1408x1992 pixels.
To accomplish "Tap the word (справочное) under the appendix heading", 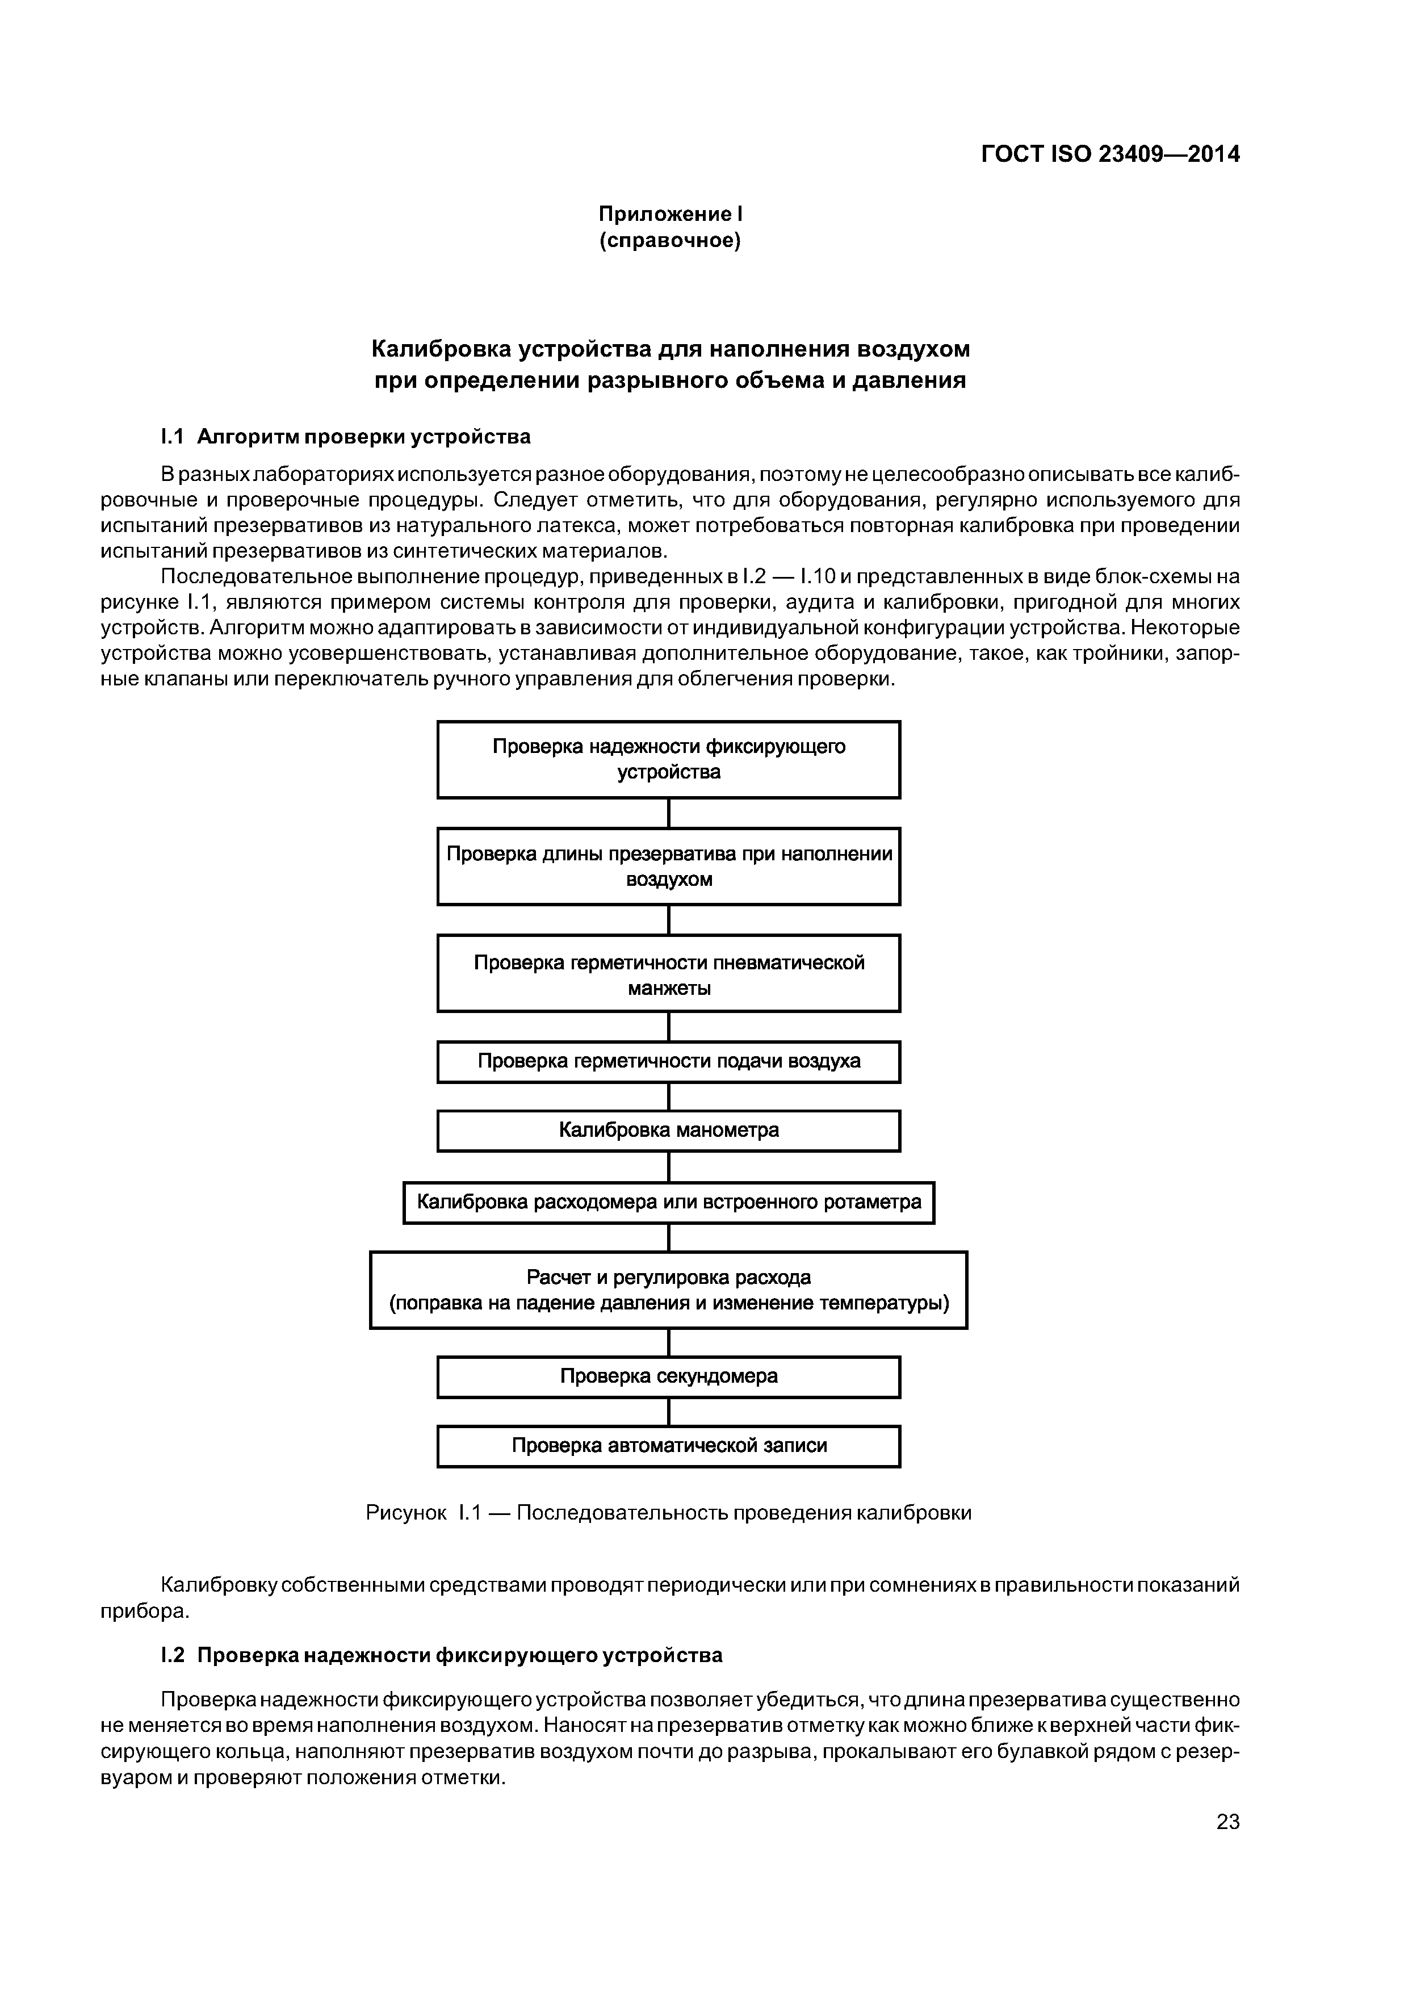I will [x=671, y=240].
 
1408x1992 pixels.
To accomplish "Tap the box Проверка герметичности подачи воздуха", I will [x=668, y=1062].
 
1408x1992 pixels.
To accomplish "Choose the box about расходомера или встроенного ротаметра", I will [x=668, y=1203].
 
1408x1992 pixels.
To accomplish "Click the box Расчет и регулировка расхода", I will [x=668, y=1290].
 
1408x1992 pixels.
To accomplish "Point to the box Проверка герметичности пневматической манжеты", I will [x=668, y=973].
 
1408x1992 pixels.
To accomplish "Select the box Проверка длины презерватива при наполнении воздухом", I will [x=668, y=866].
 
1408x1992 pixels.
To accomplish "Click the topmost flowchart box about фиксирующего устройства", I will [x=668, y=759].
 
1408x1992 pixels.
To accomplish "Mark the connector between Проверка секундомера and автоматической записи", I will [x=669, y=1412].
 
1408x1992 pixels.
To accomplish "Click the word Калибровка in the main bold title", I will [x=440, y=349].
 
